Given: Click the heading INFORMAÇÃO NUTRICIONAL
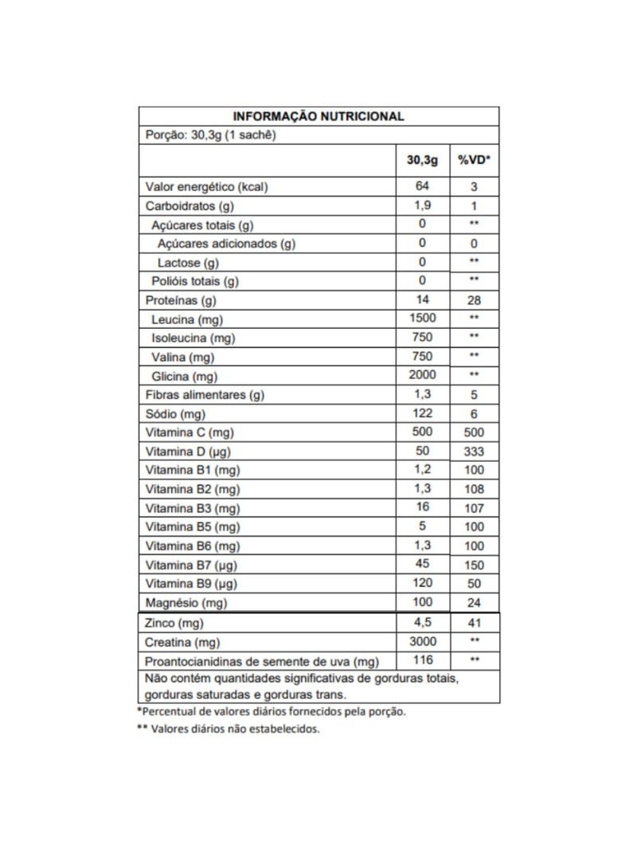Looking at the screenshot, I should coord(318,116).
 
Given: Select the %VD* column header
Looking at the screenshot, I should coord(474,160).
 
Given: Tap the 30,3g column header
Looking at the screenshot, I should coord(422,160).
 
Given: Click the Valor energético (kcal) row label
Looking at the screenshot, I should coord(206,187).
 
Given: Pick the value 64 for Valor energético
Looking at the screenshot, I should coord(422,186).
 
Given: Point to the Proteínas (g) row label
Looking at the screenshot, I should coord(181,300).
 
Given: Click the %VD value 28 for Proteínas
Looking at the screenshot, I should coord(474,300).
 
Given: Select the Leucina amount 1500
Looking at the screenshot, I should coord(422,319).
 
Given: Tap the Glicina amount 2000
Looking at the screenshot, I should coord(422,375).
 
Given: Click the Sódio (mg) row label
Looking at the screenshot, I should coord(176,414).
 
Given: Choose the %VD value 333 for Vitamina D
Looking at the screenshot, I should coord(474,452).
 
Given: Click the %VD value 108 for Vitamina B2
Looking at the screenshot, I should coord(474,489).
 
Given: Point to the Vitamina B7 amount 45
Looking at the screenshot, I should coord(422,564).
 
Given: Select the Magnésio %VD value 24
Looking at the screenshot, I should coord(474,603).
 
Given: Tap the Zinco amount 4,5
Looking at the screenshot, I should coord(422,622).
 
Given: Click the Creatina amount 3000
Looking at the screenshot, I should coord(422,641).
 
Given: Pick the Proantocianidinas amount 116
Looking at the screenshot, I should coord(422,659).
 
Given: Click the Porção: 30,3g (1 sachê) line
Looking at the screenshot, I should coord(210,135).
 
